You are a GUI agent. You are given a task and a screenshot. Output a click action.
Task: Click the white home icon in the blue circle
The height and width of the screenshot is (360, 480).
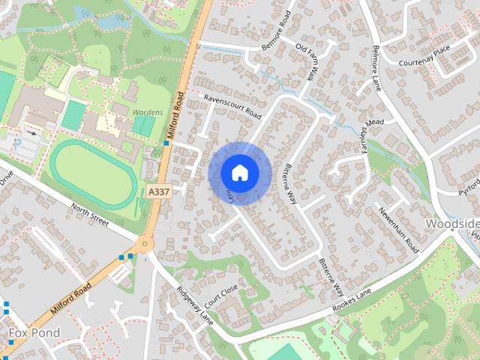coord(239,172)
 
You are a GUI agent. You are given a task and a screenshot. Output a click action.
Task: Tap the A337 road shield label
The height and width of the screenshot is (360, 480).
coord(158,193)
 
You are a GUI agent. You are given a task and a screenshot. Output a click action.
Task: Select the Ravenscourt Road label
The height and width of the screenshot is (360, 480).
coord(232,106)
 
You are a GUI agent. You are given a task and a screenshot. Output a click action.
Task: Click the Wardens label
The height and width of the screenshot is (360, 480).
coord(147,112)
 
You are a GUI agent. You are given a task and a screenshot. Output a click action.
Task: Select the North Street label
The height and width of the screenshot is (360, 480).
coord(91,215)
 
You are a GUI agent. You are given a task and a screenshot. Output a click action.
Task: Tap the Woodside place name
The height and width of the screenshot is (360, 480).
coord(452,224)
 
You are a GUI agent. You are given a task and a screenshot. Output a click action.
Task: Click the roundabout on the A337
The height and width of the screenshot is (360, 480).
coord(144,244)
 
